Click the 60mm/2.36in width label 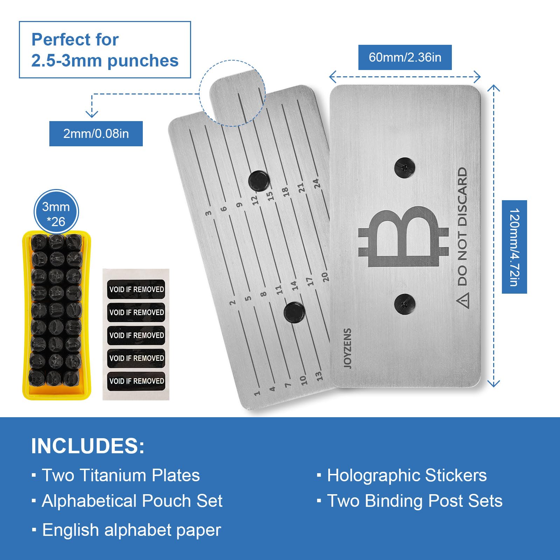click(x=405, y=57)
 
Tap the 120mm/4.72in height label click(x=514, y=247)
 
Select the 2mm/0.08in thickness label click(x=96, y=134)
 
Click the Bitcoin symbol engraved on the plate click(x=404, y=237)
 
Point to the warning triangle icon click(x=462, y=300)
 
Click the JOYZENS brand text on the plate click(x=347, y=348)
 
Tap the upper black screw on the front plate click(x=405, y=168)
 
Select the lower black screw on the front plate click(x=405, y=304)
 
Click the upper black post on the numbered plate click(x=259, y=181)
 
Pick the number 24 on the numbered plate click(x=316, y=183)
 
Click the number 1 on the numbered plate click(x=257, y=393)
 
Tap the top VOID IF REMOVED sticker click(x=136, y=289)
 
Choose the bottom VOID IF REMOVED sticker click(x=136, y=381)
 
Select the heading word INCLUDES click(x=87, y=446)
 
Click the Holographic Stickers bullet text click(x=407, y=475)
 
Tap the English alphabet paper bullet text click(x=132, y=530)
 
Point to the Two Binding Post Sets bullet click(x=414, y=501)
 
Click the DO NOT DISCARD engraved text click(x=462, y=226)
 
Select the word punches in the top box click(x=143, y=61)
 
